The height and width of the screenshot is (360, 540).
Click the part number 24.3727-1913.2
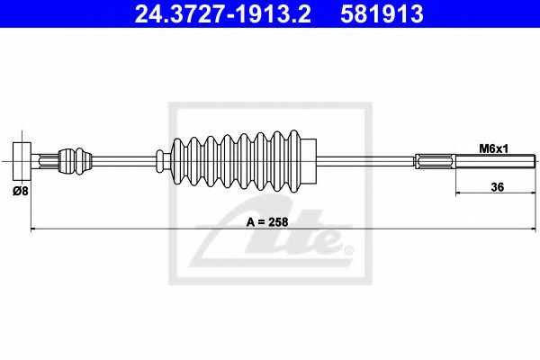223,13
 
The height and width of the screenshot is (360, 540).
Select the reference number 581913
382,13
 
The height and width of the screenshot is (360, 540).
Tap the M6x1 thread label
494,148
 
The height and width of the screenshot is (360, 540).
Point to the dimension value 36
498,187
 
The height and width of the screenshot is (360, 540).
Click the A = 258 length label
267,222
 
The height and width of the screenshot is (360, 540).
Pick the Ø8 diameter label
21,191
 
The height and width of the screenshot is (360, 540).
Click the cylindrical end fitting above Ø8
22,161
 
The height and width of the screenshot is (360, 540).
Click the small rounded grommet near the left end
76,161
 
